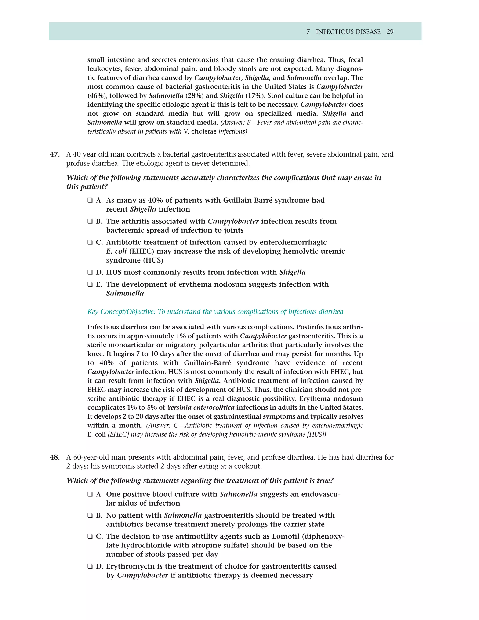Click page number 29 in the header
coord(390,32)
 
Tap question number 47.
coord(54,154)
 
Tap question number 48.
coord(54,457)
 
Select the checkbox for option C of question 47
coord(90,242)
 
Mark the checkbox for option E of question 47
coord(90,284)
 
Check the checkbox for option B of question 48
coord(90,515)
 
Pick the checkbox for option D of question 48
coord(90,566)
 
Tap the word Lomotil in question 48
coord(285,536)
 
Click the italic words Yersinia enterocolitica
coord(201,408)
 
